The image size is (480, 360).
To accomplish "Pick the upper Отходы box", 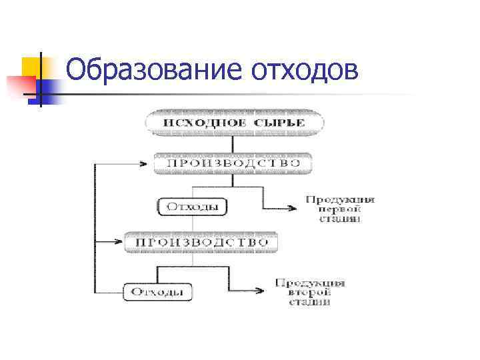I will click(x=192, y=207).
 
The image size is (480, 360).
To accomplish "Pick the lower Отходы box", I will click(x=157, y=291).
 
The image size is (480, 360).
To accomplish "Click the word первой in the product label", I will click(x=340, y=209).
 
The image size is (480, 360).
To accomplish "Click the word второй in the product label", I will click(x=311, y=292).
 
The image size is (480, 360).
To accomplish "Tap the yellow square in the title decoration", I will click(x=32, y=67).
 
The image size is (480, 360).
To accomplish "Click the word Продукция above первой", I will click(x=340, y=199).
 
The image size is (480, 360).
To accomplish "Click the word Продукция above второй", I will click(x=311, y=283).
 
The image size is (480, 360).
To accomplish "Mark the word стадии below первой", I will click(x=340, y=218).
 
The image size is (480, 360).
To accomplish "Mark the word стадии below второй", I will click(x=311, y=301).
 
